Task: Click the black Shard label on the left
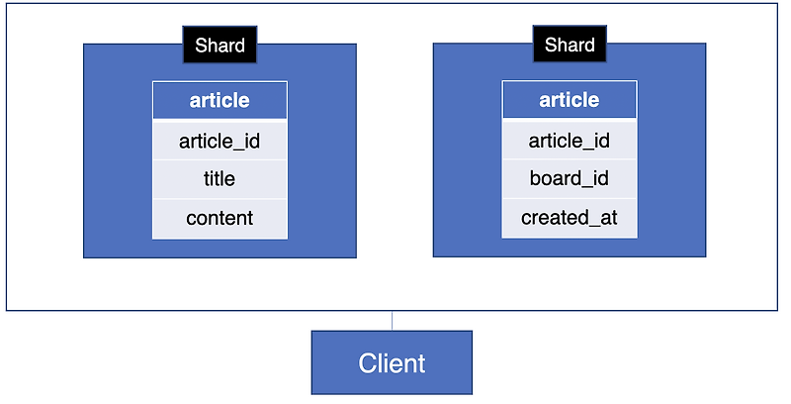tap(220, 46)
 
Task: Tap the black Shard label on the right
tap(570, 46)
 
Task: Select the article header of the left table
tap(220, 100)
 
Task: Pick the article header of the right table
tap(570, 100)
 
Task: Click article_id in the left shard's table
tap(220, 141)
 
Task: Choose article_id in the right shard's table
tap(570, 141)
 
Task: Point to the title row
tap(220, 179)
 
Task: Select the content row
tap(220, 218)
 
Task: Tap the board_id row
tap(570, 179)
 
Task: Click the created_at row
tap(570, 218)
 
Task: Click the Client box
tap(392, 362)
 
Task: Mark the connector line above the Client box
tap(392, 321)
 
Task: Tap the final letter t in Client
tap(421, 363)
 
